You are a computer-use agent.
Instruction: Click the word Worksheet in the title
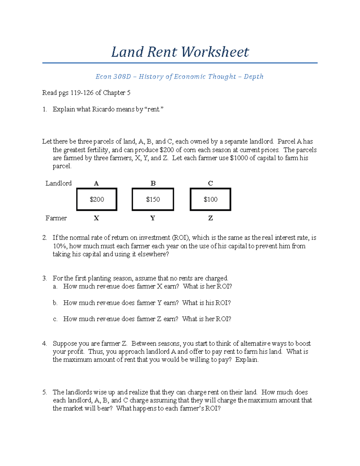click(x=215, y=52)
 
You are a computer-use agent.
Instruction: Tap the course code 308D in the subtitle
click(x=122, y=77)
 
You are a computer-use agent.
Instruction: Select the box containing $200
click(x=97, y=200)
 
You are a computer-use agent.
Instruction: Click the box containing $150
click(x=153, y=200)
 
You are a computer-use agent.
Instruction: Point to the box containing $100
click(x=210, y=200)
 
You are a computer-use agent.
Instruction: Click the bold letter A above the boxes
click(x=96, y=183)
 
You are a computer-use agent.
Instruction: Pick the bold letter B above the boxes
click(x=153, y=183)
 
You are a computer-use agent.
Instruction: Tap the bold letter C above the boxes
click(x=210, y=183)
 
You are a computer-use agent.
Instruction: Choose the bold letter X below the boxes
click(x=96, y=218)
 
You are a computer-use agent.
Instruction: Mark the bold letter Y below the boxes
click(x=153, y=218)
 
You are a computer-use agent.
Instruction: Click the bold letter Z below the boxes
click(x=210, y=218)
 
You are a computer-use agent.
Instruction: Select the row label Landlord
click(x=58, y=183)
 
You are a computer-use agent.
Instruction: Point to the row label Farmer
click(x=56, y=218)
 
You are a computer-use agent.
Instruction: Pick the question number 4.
click(x=44, y=344)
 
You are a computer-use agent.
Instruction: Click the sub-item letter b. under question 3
click(x=55, y=303)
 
